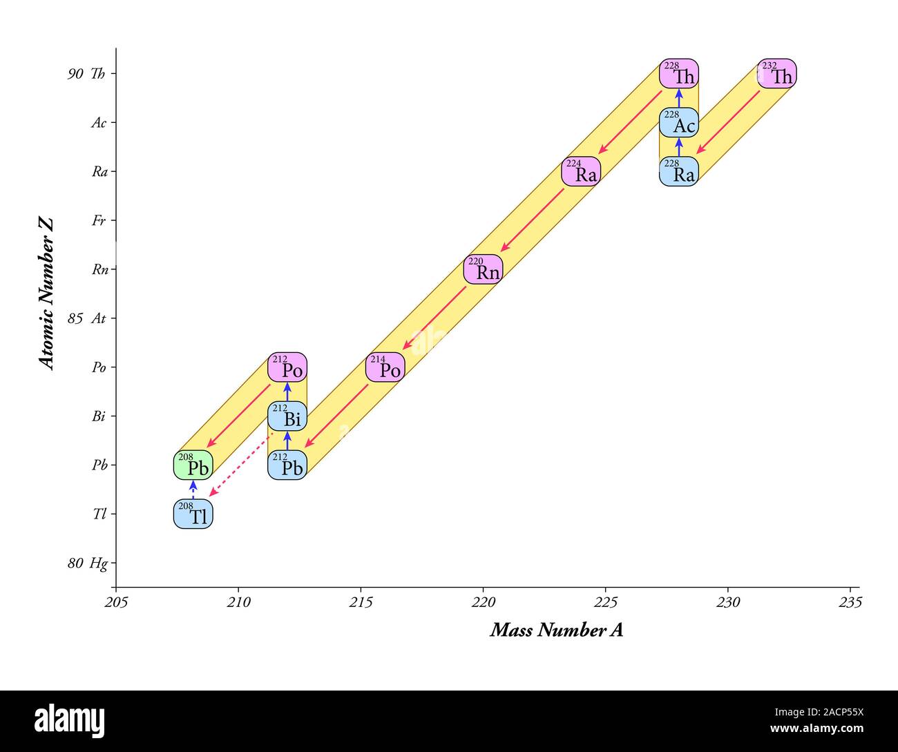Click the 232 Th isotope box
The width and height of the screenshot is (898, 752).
tap(776, 74)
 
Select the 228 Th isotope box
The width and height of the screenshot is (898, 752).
tap(679, 74)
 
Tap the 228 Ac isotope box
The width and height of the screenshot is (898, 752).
tap(679, 123)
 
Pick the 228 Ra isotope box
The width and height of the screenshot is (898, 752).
tap(679, 172)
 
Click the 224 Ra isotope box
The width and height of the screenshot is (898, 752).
tap(581, 172)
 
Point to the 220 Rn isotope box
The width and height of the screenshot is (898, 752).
tap(483, 269)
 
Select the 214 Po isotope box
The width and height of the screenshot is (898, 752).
tap(385, 367)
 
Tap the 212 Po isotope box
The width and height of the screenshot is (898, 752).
tap(287, 367)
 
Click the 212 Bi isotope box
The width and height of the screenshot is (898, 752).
tap(287, 416)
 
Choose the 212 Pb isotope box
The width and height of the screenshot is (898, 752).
tap(287, 465)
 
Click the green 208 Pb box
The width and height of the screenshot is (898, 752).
tap(193, 465)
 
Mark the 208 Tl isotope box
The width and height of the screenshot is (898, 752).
tap(193, 514)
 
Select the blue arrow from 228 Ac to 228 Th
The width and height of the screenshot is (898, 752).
tap(679, 97)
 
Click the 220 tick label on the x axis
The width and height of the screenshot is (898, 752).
tap(483, 603)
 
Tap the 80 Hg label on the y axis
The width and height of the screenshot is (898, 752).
tap(88, 563)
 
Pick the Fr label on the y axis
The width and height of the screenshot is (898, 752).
tap(99, 221)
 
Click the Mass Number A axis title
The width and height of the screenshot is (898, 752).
tap(556, 630)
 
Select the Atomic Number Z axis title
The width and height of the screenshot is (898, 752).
tap(46, 293)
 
